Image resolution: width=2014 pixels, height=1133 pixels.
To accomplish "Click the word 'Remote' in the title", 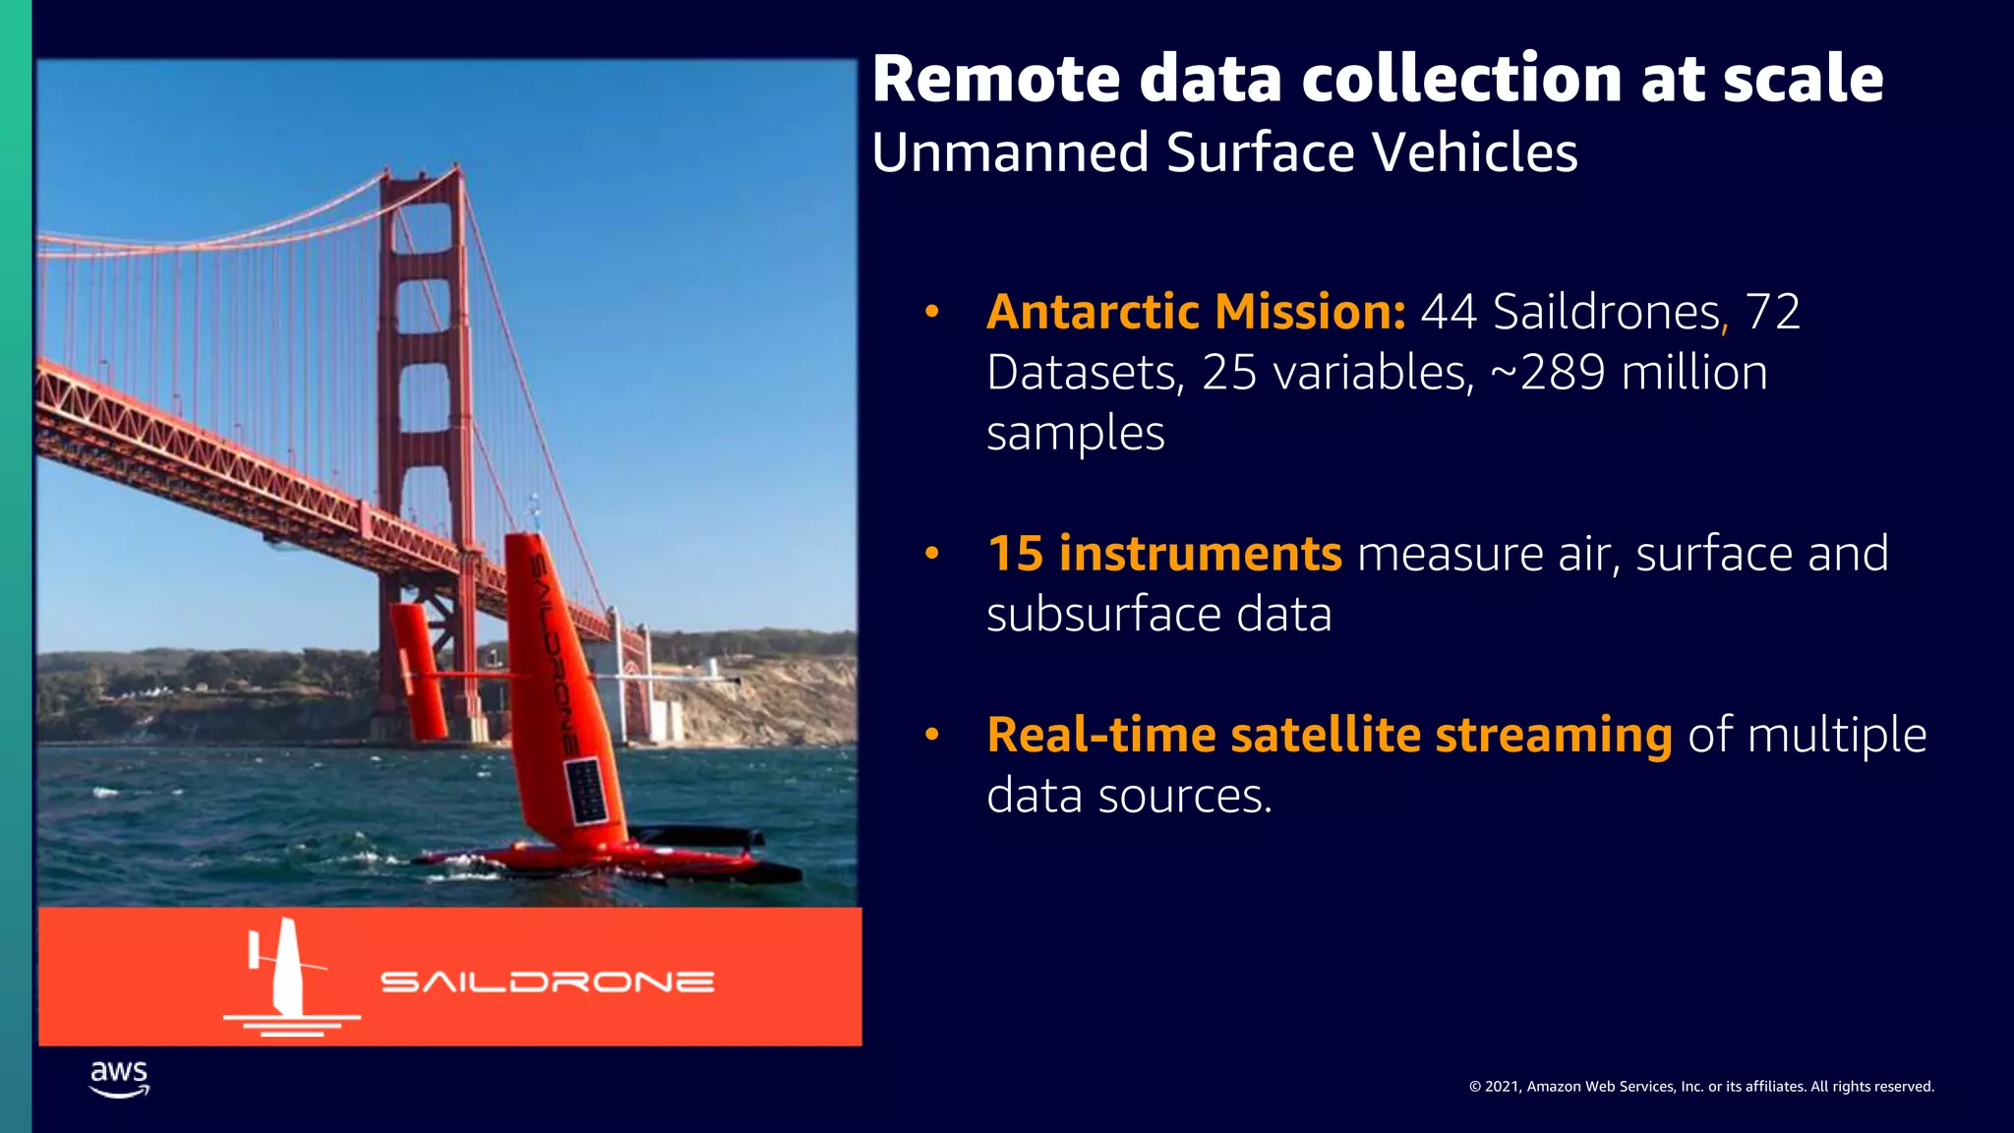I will (x=995, y=79).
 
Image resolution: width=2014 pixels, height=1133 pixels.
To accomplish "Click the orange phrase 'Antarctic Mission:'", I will (x=1196, y=312).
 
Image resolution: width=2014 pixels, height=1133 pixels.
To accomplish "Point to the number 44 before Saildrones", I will (x=1450, y=312).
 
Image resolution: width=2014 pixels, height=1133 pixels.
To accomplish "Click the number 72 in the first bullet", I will (x=1772, y=312).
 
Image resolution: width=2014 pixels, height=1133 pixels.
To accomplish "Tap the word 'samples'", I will (x=1075, y=434).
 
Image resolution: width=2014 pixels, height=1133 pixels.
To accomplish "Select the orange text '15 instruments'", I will (x=1164, y=554).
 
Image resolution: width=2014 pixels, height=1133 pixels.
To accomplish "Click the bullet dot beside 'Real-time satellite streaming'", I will (x=932, y=735).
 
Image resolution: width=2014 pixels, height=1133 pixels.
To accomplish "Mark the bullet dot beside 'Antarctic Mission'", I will (x=932, y=313).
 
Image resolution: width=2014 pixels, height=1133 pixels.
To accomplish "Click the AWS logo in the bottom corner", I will (x=119, y=1078).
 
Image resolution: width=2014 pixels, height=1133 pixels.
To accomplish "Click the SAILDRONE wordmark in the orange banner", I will (x=547, y=982).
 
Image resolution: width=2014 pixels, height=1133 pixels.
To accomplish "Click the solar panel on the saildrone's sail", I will (x=586, y=790).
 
